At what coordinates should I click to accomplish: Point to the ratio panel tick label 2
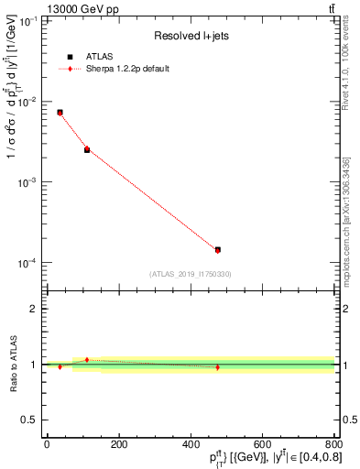[x=35, y=310]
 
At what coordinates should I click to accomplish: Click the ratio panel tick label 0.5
[x=31, y=420]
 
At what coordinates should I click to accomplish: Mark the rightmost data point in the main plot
[x=217, y=249]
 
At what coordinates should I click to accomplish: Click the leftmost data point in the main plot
[x=60, y=113]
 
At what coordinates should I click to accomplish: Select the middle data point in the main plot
[x=87, y=149]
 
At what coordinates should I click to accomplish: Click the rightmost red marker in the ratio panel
[x=217, y=367]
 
